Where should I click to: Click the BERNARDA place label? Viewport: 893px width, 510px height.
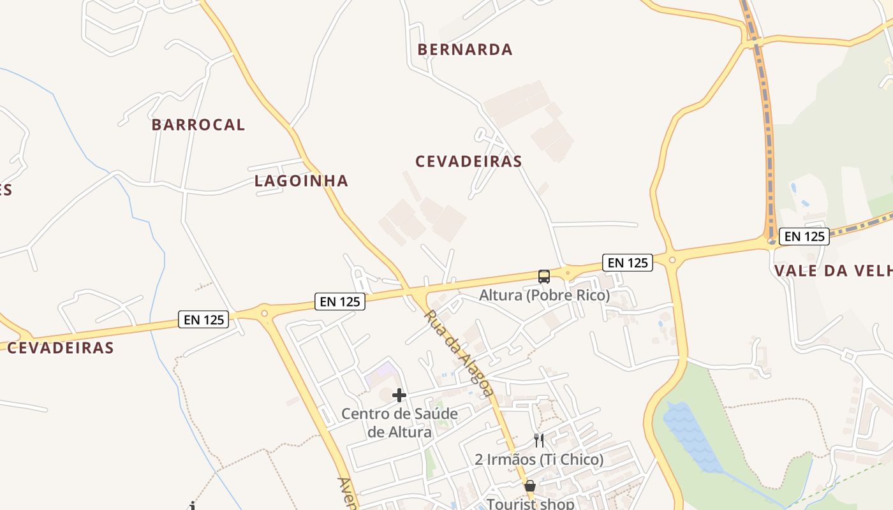tap(465, 50)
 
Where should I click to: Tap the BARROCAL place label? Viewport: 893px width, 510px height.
tap(198, 125)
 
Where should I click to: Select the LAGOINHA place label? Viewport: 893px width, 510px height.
tap(302, 181)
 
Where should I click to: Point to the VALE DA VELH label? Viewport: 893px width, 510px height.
tap(833, 271)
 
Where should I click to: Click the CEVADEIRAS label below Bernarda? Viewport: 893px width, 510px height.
tap(469, 162)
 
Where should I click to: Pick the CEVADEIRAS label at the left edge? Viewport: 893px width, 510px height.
tap(61, 348)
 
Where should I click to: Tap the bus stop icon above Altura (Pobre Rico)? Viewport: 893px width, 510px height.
tap(543, 276)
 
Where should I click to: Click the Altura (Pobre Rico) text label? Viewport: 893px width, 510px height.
tap(544, 296)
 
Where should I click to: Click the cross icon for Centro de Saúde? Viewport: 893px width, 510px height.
tap(399, 395)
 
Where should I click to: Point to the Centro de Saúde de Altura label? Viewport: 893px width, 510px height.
tap(399, 423)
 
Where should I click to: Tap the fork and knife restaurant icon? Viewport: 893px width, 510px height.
tap(539, 441)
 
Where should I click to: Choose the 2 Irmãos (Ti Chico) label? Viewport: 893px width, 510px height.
tap(539, 460)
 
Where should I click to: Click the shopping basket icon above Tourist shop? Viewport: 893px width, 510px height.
tap(529, 486)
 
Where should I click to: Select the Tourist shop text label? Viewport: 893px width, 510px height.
tap(531, 504)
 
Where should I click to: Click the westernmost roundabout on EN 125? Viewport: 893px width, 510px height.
tap(264, 313)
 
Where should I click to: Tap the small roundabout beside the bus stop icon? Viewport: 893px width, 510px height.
tap(567, 273)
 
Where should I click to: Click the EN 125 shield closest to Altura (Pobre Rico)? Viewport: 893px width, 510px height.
tap(628, 263)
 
